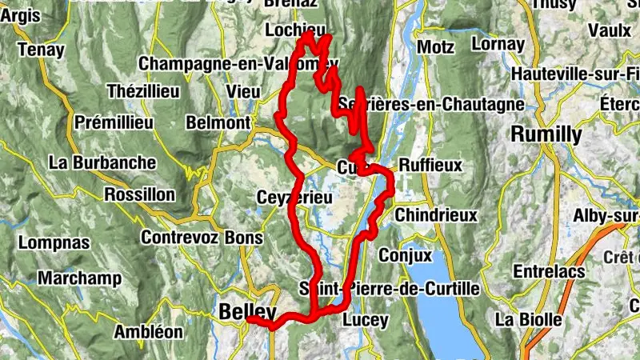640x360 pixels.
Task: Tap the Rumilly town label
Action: click(x=547, y=134)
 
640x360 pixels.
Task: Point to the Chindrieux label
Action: click(x=436, y=215)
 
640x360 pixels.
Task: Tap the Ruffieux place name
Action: click(x=430, y=166)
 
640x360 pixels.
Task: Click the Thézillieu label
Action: click(x=142, y=90)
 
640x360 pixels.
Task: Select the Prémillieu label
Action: click(x=113, y=122)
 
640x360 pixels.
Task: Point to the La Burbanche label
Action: click(x=102, y=162)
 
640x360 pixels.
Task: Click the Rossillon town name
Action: click(x=139, y=195)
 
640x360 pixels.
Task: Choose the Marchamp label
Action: click(x=79, y=278)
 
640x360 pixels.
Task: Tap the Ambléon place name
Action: click(x=149, y=330)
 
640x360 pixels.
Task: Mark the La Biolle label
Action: click(x=529, y=319)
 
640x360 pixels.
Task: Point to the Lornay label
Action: click(x=498, y=44)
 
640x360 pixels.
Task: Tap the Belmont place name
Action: click(x=218, y=122)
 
